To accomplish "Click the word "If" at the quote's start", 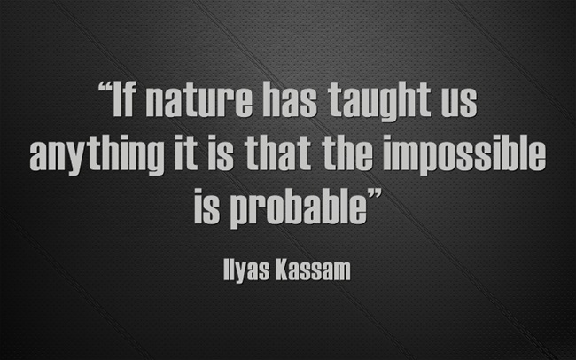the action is click(125, 99).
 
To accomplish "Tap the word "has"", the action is click(290, 99).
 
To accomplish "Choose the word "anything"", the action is click(97, 155).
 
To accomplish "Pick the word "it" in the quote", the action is click(186, 153).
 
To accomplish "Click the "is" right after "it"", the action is click(221, 153).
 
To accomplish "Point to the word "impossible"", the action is click(464, 155).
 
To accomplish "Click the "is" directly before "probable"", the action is click(206, 206).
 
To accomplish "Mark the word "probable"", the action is click(299, 208).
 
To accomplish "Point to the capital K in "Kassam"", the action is click(283, 270).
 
